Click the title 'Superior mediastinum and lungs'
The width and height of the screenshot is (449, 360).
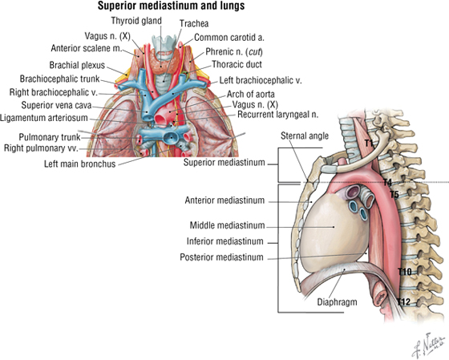pyautogui.click(x=172, y=6)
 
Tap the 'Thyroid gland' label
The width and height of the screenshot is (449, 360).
pyautogui.click(x=136, y=21)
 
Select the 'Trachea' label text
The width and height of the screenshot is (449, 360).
pyautogui.click(x=194, y=23)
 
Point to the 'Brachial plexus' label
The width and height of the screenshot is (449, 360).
pyautogui.click(x=77, y=65)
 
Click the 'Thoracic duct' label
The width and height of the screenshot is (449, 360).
pyautogui.click(x=237, y=64)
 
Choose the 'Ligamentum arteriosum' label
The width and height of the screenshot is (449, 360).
pyautogui.click(x=44, y=118)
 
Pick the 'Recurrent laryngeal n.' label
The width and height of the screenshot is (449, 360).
pyautogui.click(x=277, y=115)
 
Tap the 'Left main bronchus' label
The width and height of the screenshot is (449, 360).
pyautogui.click(x=79, y=164)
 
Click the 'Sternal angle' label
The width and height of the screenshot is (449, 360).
pyautogui.click(x=305, y=136)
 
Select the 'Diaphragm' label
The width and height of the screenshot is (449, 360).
pyautogui.click(x=337, y=301)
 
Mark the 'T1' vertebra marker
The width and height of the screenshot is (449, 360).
pyautogui.click(x=369, y=143)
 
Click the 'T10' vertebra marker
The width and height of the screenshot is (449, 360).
pyautogui.click(x=405, y=272)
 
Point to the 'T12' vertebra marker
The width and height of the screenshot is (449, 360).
pyautogui.click(x=404, y=301)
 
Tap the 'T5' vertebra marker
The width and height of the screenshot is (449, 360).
pyautogui.click(x=394, y=195)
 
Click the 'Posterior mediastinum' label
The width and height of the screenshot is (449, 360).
pyautogui.click(x=221, y=257)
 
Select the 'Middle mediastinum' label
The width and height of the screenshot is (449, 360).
pyautogui.click(x=228, y=225)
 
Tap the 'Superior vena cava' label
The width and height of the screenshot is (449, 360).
pyautogui.click(x=56, y=105)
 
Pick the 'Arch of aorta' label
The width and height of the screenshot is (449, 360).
pyautogui.click(x=250, y=94)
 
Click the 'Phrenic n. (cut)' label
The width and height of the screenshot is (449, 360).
pyautogui.click(x=234, y=52)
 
